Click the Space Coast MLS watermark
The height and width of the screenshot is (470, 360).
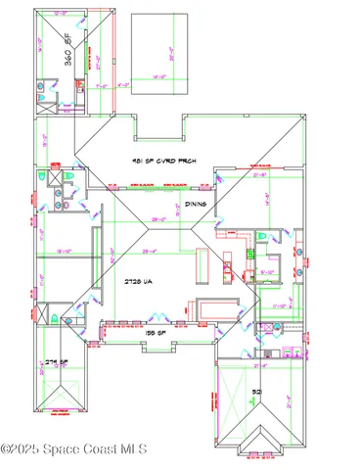coord(73,448)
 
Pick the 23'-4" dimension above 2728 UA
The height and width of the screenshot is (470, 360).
coord(151,252)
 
